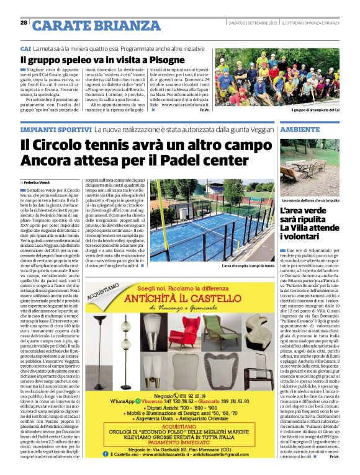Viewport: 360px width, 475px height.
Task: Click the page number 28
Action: click(24, 22)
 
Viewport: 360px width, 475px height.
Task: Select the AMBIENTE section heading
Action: click(300, 130)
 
